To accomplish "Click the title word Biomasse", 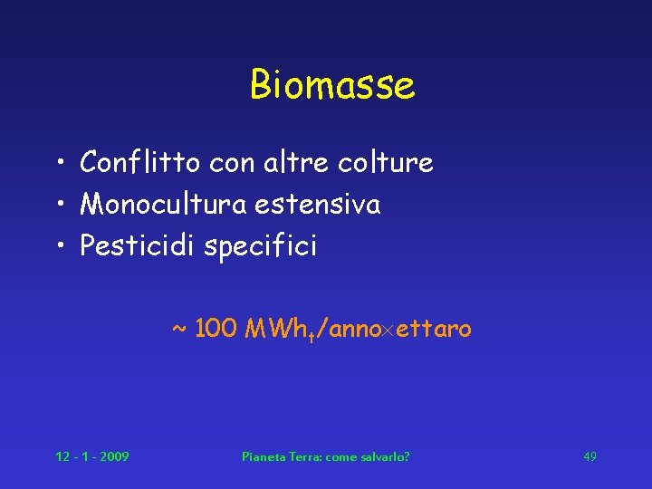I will coord(332,85).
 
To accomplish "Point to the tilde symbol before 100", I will coord(179,328).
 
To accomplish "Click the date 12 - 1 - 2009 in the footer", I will coord(91,456).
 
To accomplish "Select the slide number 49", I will coord(590,456).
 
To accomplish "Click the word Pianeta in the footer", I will coord(262,456).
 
